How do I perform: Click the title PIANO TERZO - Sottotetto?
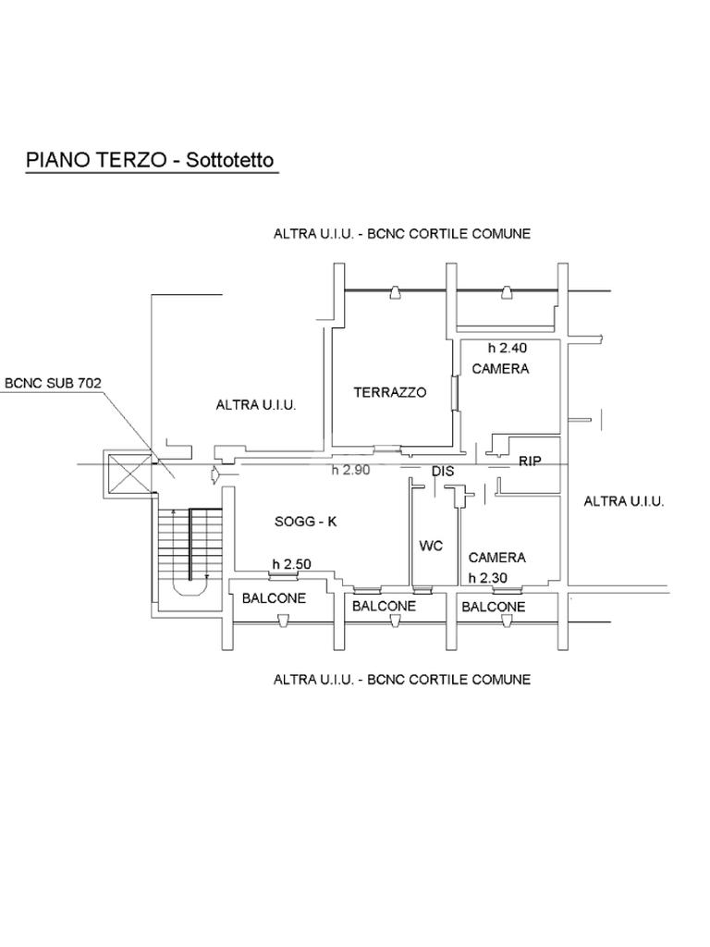tap(150, 159)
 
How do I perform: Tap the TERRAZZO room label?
tap(390, 392)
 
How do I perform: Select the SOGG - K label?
tap(306, 522)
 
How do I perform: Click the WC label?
tap(431, 546)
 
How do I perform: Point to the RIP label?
tap(530, 461)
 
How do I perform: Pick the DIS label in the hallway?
tap(443, 472)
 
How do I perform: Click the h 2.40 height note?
tap(508, 349)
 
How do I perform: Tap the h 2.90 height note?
tap(350, 470)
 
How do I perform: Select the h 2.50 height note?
tap(290, 564)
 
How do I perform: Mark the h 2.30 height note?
tap(488, 578)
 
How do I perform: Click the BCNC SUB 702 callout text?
tap(53, 381)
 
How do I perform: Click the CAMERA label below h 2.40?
tap(500, 369)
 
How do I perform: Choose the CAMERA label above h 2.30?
tap(496, 558)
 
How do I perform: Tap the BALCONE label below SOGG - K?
tap(274, 598)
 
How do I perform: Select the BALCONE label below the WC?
tap(384, 607)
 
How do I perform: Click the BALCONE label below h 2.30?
tap(493, 607)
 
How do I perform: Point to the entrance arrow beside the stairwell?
tap(214, 475)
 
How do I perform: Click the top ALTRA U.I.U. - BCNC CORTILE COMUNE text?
tap(401, 234)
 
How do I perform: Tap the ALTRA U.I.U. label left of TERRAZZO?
tap(256, 405)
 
